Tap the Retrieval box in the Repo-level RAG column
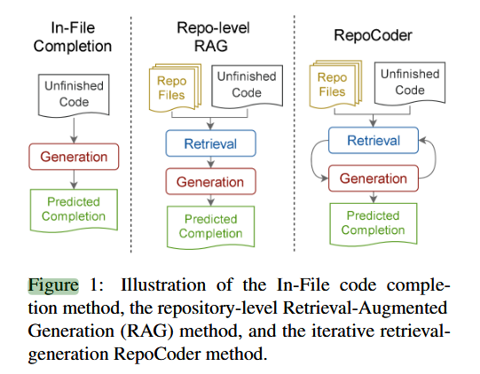209,143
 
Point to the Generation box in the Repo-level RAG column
209,183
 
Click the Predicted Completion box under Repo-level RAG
210,227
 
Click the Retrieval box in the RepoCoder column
373,140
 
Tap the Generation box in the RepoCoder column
373,178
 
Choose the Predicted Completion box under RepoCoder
373,222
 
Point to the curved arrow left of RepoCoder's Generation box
314,160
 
